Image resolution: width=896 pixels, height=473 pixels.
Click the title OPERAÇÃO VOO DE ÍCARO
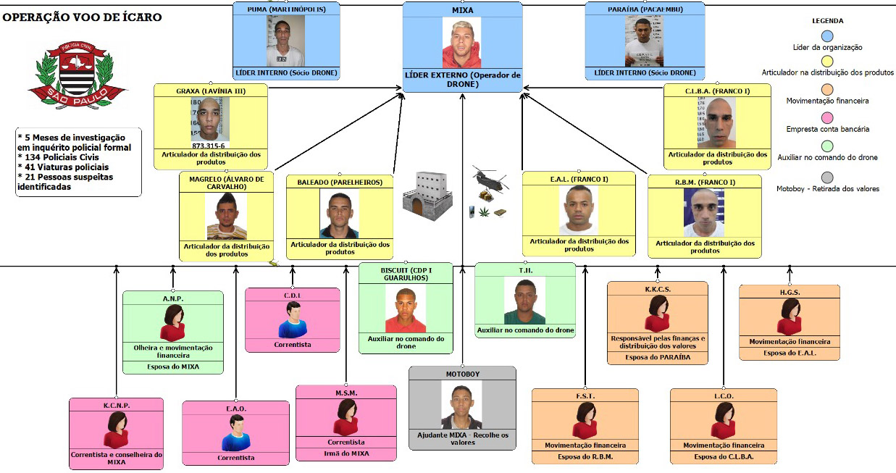(x=82, y=17)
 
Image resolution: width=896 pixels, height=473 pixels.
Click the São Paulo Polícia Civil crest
(x=78, y=76)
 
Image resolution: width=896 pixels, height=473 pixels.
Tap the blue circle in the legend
(x=827, y=35)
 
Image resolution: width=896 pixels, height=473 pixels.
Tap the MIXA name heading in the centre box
(x=462, y=11)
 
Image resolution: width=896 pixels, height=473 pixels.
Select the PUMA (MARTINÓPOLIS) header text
(x=286, y=9)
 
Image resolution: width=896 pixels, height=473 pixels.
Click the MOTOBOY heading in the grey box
(x=462, y=374)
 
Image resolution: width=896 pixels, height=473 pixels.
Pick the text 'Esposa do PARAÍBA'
(x=658, y=357)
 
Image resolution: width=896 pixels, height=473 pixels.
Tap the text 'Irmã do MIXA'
(x=347, y=453)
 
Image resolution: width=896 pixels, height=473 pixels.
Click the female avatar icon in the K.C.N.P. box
(x=116, y=431)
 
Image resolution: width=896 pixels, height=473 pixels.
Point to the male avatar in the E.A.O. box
(x=235, y=434)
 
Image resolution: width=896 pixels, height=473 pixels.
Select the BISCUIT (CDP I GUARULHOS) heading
(x=406, y=274)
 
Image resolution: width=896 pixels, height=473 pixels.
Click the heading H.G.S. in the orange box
(x=789, y=291)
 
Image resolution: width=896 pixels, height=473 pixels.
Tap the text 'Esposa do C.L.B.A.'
(x=724, y=457)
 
